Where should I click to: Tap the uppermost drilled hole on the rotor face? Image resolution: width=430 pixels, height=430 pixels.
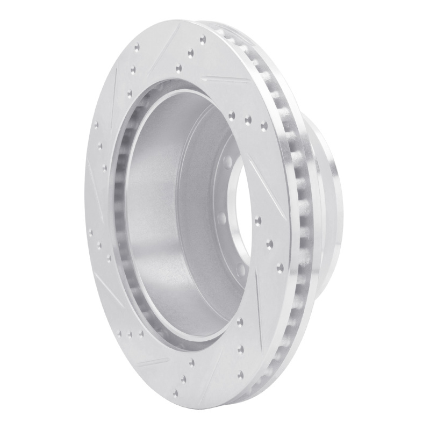click(203, 39)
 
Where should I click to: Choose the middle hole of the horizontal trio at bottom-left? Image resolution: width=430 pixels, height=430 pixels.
click(130, 334)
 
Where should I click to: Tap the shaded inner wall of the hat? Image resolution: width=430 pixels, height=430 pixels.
click(156, 215)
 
